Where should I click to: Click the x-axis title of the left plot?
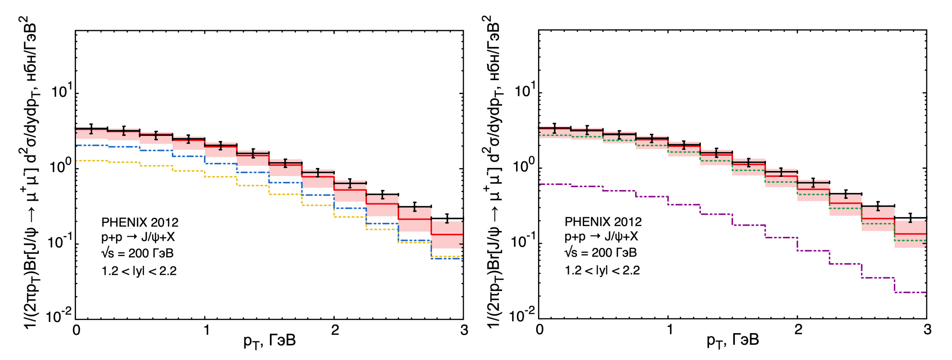269,341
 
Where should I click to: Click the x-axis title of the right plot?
733,340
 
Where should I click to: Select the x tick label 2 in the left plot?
335,330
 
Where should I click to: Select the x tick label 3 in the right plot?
927,330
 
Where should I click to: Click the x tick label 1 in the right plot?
669,330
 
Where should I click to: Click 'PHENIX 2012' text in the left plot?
140,223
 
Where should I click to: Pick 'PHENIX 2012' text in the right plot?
603,222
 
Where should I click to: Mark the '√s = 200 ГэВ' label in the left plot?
137,253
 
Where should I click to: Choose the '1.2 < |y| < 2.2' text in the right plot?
602,270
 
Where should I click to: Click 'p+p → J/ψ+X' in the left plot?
138,237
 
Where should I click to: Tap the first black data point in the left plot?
91,129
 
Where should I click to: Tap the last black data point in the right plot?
910,218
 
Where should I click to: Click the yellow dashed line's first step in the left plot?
91,160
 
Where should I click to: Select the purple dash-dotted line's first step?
555,184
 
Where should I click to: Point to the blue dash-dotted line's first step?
91,146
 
